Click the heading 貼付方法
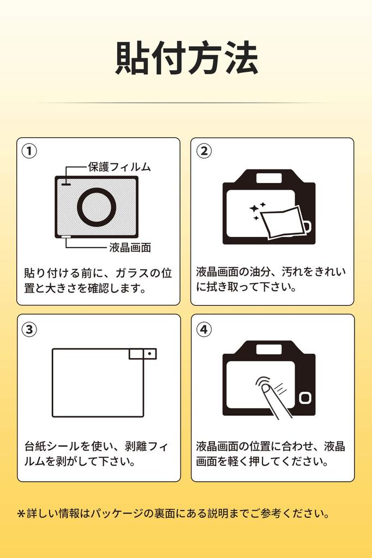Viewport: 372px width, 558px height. click(x=187, y=58)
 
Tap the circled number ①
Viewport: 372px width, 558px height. click(x=29, y=151)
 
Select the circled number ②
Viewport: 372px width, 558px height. click(x=204, y=151)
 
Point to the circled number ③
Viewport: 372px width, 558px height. click(x=29, y=330)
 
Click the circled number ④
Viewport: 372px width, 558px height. click(x=204, y=329)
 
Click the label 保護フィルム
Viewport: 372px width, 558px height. click(x=119, y=167)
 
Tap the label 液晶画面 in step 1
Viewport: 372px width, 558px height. click(x=130, y=247)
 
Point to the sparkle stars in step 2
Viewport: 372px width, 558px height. click(x=257, y=211)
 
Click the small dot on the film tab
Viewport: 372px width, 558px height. click(x=149, y=354)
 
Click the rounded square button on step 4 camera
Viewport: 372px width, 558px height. click(x=305, y=397)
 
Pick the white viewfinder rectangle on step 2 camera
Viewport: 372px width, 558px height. click(x=269, y=178)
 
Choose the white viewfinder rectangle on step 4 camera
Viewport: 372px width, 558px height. click(x=269, y=350)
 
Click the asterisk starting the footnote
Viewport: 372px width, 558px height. click(x=21, y=513)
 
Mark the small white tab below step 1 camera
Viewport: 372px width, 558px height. click(x=67, y=236)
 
